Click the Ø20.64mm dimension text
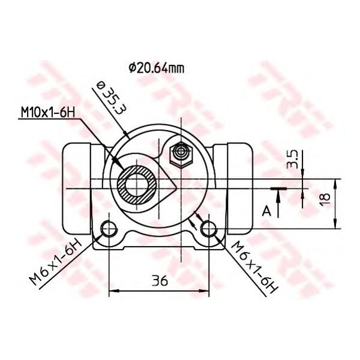157,68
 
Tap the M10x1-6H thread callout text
48,113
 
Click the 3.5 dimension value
292,159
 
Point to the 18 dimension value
325,200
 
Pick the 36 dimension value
160,280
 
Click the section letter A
266,211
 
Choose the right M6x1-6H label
255,267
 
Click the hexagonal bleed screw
181,155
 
